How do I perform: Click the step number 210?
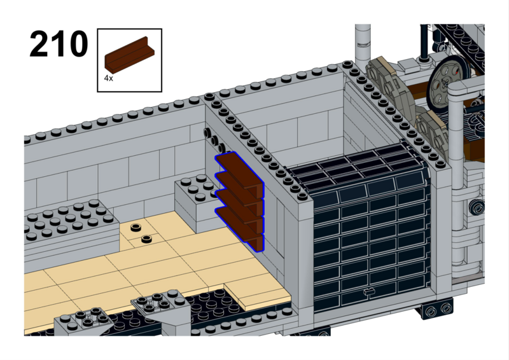click(x=59, y=43)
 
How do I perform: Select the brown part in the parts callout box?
click(x=130, y=54)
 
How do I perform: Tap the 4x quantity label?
click(x=108, y=78)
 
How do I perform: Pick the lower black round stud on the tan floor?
click(x=148, y=239)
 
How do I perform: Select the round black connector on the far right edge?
click(x=477, y=206)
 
